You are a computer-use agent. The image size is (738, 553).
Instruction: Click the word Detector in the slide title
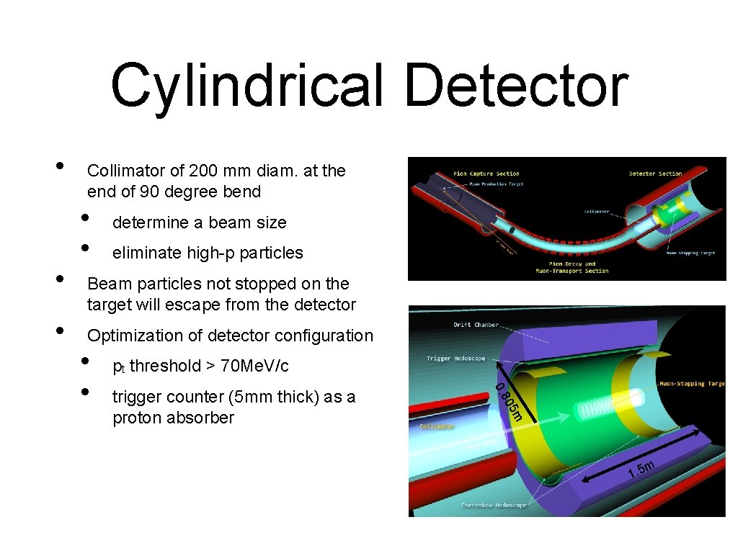(515, 86)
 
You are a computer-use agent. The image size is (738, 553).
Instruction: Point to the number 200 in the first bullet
(203, 171)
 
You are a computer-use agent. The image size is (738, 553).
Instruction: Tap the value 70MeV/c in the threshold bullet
(254, 366)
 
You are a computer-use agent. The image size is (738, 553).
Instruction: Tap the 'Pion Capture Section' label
(486, 174)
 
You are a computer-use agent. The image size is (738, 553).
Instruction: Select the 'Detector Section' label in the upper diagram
(654, 174)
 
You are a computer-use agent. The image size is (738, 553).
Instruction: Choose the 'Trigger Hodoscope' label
(455, 358)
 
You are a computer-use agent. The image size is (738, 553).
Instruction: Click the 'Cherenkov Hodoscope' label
(494, 505)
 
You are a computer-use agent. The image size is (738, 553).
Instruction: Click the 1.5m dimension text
(641, 469)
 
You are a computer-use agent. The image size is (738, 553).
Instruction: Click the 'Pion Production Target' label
(495, 184)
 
